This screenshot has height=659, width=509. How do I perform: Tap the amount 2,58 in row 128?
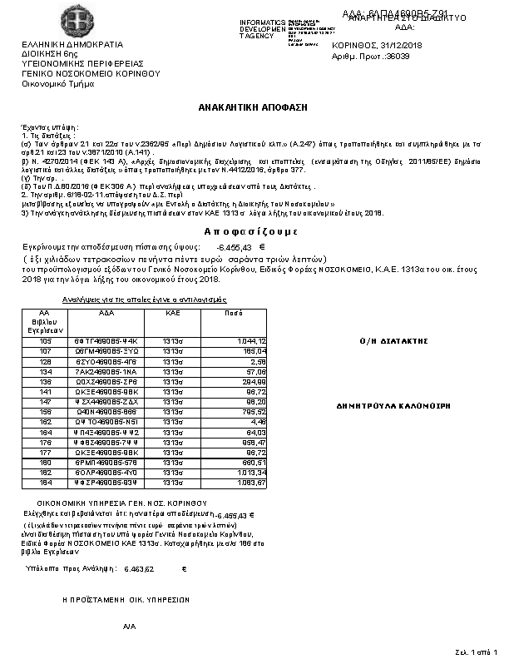coord(258,362)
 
